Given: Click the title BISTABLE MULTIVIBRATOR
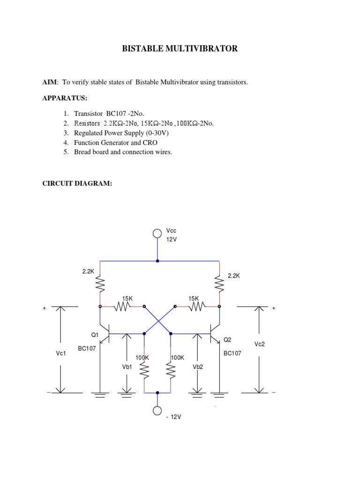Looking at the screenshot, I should click(x=180, y=49).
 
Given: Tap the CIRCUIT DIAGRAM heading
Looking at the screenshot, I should click(x=77, y=184).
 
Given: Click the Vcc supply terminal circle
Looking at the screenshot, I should click(x=157, y=233).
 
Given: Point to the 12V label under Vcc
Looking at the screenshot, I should click(x=172, y=239).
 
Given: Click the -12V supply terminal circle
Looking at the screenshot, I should click(x=157, y=411).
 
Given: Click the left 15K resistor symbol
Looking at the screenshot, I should click(x=123, y=307).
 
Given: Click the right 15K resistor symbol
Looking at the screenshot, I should click(x=196, y=307).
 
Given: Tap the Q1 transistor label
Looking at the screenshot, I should click(x=95, y=335).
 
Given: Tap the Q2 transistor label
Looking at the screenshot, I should click(x=227, y=339).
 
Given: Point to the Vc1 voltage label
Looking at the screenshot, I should click(x=60, y=353).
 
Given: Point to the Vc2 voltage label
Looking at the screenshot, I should click(x=260, y=344).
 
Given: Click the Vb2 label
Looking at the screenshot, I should click(x=198, y=367).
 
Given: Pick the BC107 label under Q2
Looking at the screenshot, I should click(x=232, y=353).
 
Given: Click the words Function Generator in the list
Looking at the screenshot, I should click(x=98, y=142).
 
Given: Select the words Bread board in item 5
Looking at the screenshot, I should click(x=89, y=152).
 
